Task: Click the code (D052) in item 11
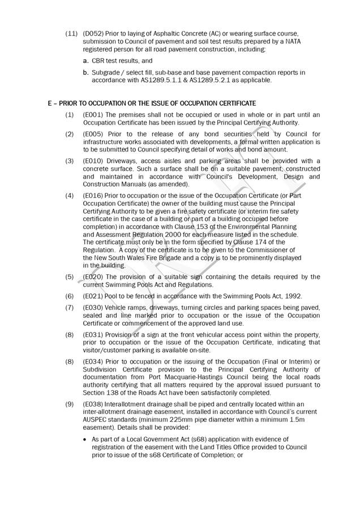point(92,34)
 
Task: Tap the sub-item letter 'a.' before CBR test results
point(85,61)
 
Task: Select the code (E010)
point(93,161)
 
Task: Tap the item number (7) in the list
point(70,308)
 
